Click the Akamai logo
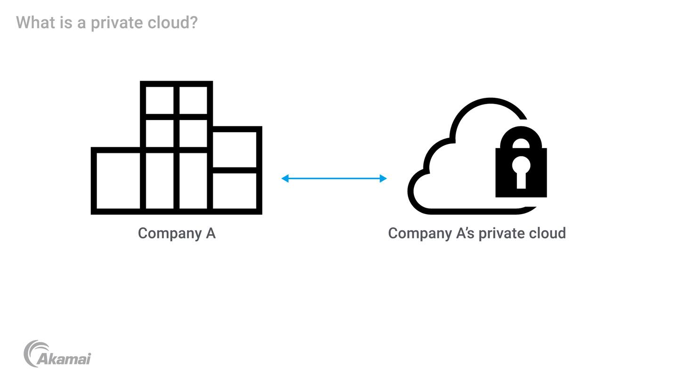pyautogui.click(x=57, y=354)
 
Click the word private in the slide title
pyautogui.click(x=116, y=23)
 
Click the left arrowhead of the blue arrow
pyautogui.click(x=285, y=178)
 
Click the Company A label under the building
pyautogui.click(x=177, y=233)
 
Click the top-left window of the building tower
pyautogui.click(x=160, y=100)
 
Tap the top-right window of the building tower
pyautogui.click(x=193, y=100)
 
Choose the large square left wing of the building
pyautogui.click(x=118, y=181)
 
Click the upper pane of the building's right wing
pyautogui.click(x=234, y=149)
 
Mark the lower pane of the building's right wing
pyautogui.click(x=234, y=190)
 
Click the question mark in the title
pyautogui.click(x=194, y=23)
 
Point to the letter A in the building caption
pyautogui.click(x=210, y=233)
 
